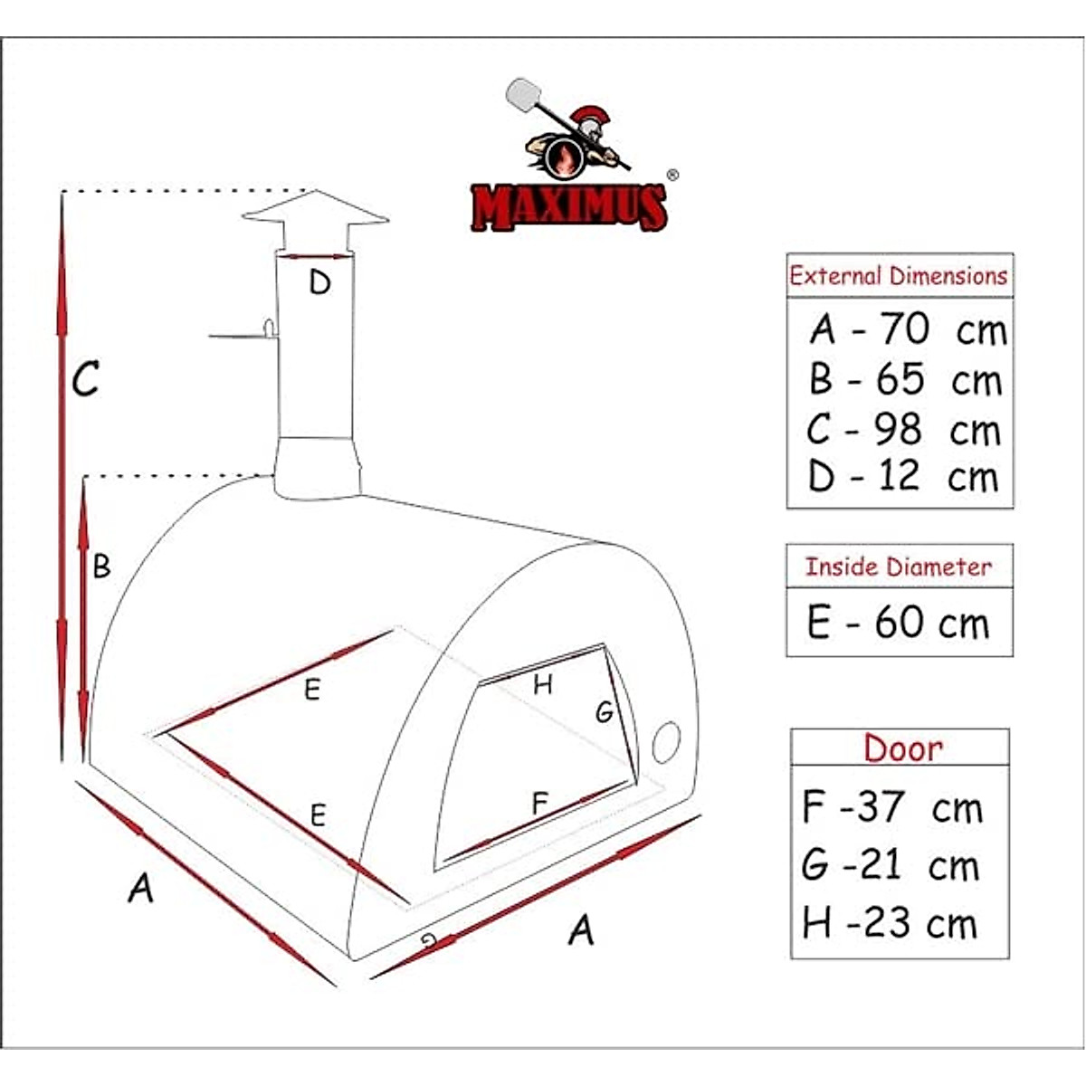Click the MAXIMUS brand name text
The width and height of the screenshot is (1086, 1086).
click(569, 206)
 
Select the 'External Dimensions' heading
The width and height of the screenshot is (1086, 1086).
click(899, 276)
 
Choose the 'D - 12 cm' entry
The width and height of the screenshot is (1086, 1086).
click(903, 477)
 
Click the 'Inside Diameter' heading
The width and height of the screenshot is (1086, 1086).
click(899, 567)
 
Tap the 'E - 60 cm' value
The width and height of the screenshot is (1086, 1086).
click(899, 624)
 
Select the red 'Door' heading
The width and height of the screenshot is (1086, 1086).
click(902, 748)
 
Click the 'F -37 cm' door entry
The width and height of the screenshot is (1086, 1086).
click(892, 806)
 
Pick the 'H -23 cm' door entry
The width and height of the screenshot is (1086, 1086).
click(891, 924)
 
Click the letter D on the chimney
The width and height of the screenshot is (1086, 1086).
click(319, 283)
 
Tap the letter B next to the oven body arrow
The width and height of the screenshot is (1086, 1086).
click(101, 567)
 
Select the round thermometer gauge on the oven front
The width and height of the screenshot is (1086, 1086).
click(666, 742)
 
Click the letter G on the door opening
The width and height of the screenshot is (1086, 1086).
click(604, 713)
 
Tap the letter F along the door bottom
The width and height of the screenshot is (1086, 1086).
click(540, 803)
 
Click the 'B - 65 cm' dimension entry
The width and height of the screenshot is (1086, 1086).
click(906, 380)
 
